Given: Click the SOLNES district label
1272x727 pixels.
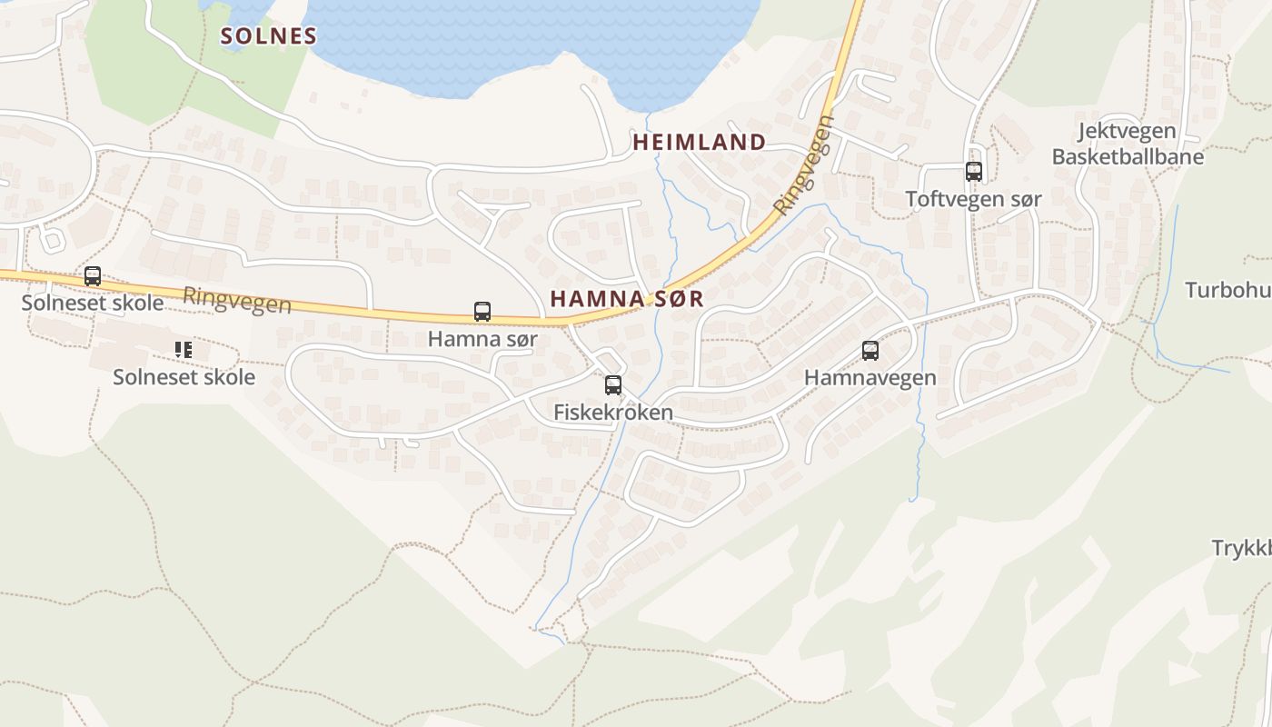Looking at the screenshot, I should pyautogui.click(x=269, y=36).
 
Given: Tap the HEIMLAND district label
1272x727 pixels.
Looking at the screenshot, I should pyautogui.click(x=699, y=142).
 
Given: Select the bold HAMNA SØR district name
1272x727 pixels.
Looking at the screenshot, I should pyautogui.click(x=626, y=298).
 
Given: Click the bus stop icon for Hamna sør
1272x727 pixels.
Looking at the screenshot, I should pyautogui.click(x=482, y=312).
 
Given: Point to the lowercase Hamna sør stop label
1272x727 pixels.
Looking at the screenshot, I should pyautogui.click(x=482, y=340).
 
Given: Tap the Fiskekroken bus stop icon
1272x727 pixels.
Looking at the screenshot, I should pyautogui.click(x=613, y=384).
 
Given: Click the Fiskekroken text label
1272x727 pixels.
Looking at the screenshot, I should pyautogui.click(x=613, y=413).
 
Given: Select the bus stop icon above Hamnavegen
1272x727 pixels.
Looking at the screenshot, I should pyautogui.click(x=870, y=351).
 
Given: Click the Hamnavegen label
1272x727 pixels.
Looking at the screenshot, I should pyautogui.click(x=870, y=378).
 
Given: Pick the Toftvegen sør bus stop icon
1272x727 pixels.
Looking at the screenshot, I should pyautogui.click(x=974, y=171).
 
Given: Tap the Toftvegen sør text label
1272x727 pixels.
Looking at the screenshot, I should pyautogui.click(x=974, y=199).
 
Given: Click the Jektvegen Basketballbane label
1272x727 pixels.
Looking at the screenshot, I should pyautogui.click(x=1128, y=144).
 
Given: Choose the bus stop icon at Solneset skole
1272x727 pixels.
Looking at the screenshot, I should pyautogui.click(x=93, y=275).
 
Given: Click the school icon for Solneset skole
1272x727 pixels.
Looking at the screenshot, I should pyautogui.click(x=184, y=349).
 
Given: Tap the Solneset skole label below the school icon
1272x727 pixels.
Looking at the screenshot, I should pyautogui.click(x=184, y=377).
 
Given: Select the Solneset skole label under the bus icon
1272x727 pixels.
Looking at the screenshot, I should pyautogui.click(x=93, y=303).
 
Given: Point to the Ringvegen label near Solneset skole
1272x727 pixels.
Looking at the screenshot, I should pyautogui.click(x=236, y=300).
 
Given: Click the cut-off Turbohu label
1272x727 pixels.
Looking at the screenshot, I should pyautogui.click(x=1228, y=291).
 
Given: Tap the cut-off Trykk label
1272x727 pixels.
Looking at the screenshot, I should pyautogui.click(x=1241, y=549).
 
